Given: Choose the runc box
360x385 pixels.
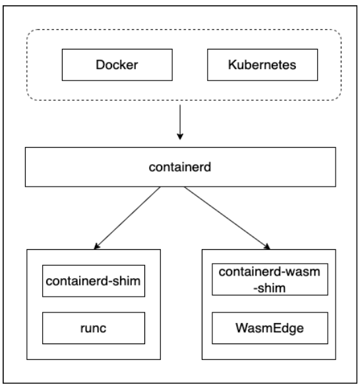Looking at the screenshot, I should [x=94, y=326].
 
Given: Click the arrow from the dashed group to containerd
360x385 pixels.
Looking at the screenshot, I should [x=179, y=125].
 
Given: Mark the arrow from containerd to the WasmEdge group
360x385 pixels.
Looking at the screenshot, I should [x=227, y=218].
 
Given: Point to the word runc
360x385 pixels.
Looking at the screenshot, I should [x=94, y=326].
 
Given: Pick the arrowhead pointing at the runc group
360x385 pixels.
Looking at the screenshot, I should [x=97, y=247].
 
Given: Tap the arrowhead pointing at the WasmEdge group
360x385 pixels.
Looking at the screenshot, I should [x=267, y=247].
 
